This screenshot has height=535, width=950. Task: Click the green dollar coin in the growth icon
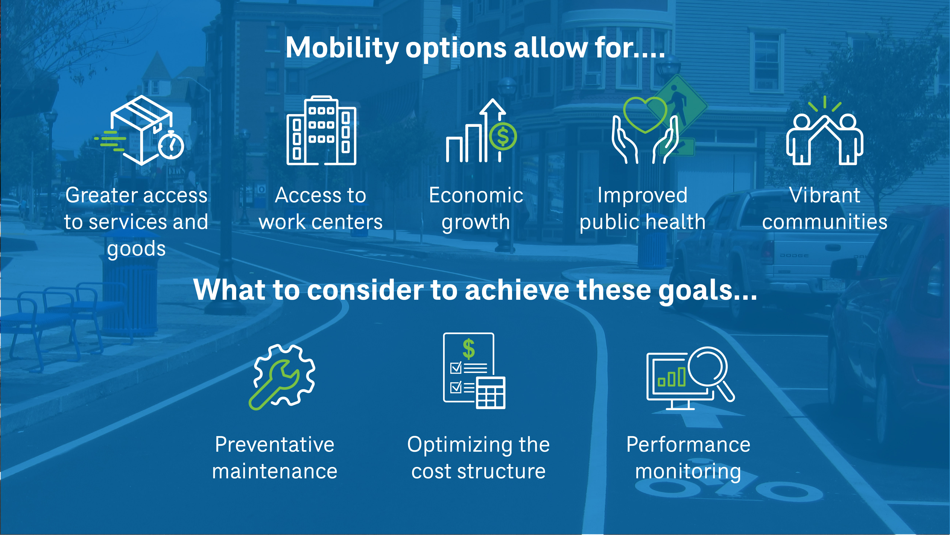pyautogui.click(x=503, y=137)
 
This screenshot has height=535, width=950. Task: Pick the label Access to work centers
pyautogui.click(x=321, y=209)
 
